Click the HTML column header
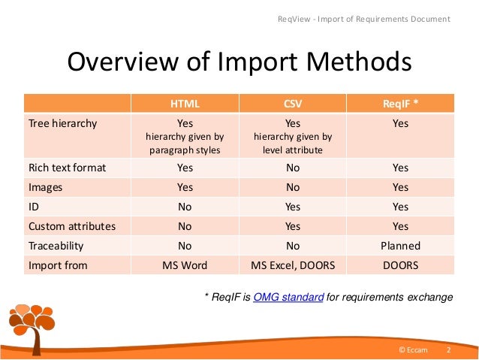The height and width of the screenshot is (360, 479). pos(185,103)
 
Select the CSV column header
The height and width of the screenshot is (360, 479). pos(293,103)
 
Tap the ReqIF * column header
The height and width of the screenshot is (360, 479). pos(400,103)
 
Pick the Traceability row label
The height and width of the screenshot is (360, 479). pos(56,246)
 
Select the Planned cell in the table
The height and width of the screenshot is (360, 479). pos(400,246)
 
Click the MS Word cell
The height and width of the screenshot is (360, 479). pos(185,265)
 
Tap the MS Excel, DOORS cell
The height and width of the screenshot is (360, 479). pos(293,265)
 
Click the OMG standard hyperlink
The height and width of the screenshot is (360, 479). pos(289,298)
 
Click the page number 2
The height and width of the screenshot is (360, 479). pos(448,351)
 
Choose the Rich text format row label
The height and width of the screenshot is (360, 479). pos(67,168)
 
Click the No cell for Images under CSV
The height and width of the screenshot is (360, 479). pos(293,187)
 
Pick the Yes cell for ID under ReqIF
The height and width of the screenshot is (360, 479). pos(400,207)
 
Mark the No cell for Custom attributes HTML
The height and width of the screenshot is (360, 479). pos(185,226)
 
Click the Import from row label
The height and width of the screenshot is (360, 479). pos(57,265)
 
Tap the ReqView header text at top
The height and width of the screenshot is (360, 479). pos(364,18)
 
